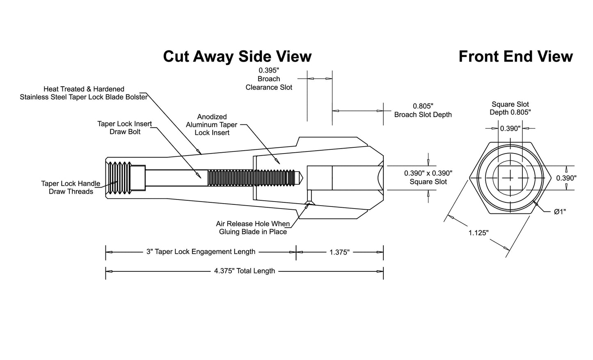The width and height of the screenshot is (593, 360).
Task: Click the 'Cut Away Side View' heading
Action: pos(237,56)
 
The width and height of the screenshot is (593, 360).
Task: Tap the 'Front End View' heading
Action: pos(516,56)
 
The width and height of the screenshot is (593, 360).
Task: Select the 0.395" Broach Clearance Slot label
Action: pos(269,79)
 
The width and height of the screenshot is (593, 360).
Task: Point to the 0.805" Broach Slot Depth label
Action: pos(423,110)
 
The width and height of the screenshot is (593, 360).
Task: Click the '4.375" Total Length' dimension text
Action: pos(245,271)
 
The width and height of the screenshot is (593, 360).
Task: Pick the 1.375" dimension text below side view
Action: pos(340,252)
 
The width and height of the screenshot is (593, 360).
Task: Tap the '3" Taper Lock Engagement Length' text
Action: pos(201,252)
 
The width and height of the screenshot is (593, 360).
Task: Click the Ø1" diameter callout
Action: pos(560,212)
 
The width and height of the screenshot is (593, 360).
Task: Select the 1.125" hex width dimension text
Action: pos(479,233)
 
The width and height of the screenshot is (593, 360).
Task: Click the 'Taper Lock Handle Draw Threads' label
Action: pos(71,188)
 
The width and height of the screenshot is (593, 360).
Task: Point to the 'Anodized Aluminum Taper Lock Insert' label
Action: pos(211,125)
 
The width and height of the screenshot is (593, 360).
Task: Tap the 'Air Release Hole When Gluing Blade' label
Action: pos(253,228)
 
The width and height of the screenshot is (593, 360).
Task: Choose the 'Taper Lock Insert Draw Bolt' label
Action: pos(125,128)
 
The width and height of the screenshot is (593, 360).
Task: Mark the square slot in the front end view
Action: pos(510,178)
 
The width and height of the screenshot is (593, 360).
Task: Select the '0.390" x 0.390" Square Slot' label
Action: pos(428,177)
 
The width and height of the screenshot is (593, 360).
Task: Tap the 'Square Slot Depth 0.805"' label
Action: pos(510,108)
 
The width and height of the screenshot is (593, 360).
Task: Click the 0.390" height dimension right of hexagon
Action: pos(566,178)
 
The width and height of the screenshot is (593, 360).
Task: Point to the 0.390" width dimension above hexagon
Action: pos(510,128)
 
